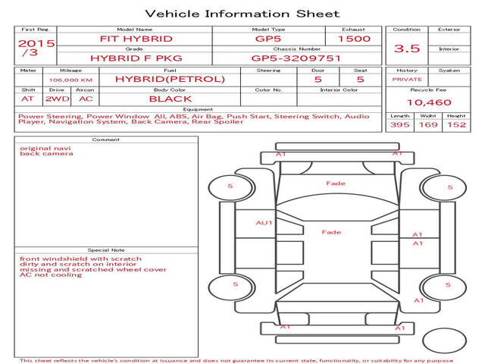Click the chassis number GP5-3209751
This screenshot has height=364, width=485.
click(x=296, y=58)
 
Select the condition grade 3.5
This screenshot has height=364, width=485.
click(x=407, y=49)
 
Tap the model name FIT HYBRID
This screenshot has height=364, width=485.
click(x=136, y=39)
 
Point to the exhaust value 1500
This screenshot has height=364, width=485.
click(x=354, y=39)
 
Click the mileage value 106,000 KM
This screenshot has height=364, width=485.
click(x=70, y=80)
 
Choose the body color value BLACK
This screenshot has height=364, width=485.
click(x=171, y=99)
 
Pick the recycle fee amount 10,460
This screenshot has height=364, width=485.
click(x=429, y=102)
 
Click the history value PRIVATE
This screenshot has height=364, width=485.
click(x=407, y=80)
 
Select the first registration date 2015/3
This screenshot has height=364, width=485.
click(x=36, y=47)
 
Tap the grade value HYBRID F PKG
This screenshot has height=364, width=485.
click(x=136, y=58)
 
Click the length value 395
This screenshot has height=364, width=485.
click(x=400, y=124)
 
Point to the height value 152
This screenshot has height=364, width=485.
click(x=456, y=124)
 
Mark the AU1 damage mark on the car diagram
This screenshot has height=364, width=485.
click(x=264, y=222)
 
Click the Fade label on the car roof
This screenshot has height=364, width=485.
click(x=331, y=232)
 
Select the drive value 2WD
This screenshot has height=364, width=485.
click(x=58, y=99)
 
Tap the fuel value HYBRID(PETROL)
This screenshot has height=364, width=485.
click(x=170, y=79)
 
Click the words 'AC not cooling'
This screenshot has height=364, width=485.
click(x=51, y=275)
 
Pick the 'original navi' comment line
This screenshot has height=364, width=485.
click(x=45, y=149)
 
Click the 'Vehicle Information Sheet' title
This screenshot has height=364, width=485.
click(x=242, y=14)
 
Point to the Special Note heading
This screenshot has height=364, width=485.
click(x=106, y=249)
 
